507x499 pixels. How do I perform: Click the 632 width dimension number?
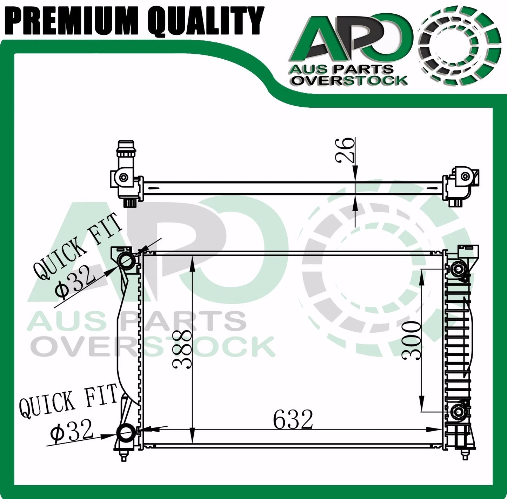(x=293, y=419)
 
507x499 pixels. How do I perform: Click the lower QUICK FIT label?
(x=68, y=401)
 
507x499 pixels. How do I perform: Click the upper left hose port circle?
(x=126, y=260)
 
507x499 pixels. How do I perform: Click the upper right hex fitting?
(x=459, y=269)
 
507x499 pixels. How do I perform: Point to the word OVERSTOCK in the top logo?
(x=350, y=81)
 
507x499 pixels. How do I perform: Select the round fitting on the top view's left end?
(x=123, y=178)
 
